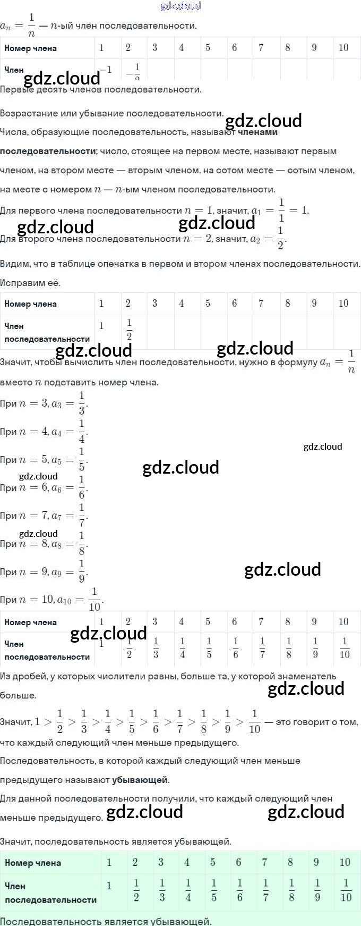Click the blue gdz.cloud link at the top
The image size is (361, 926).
(x=180, y=6)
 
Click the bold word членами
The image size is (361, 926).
(x=257, y=132)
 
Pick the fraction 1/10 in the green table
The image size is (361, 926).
(x=346, y=890)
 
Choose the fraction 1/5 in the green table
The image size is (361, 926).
(x=214, y=890)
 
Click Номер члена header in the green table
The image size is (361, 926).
(x=33, y=863)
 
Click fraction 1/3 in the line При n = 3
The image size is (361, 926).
(x=82, y=403)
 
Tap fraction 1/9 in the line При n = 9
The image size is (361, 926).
(x=82, y=571)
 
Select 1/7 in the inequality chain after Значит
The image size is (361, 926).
(x=179, y=721)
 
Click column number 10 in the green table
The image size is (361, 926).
(x=345, y=862)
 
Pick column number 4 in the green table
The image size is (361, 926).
(x=187, y=862)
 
